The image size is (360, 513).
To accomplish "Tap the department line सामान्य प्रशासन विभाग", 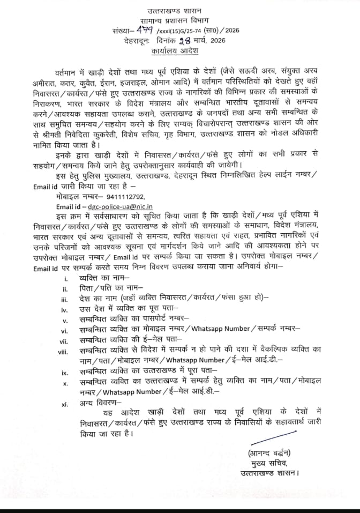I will point(181,22).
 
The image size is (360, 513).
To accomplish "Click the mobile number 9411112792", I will point(125,197).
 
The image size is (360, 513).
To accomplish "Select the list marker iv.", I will point(64,309).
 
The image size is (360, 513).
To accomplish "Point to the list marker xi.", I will point(64,404).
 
